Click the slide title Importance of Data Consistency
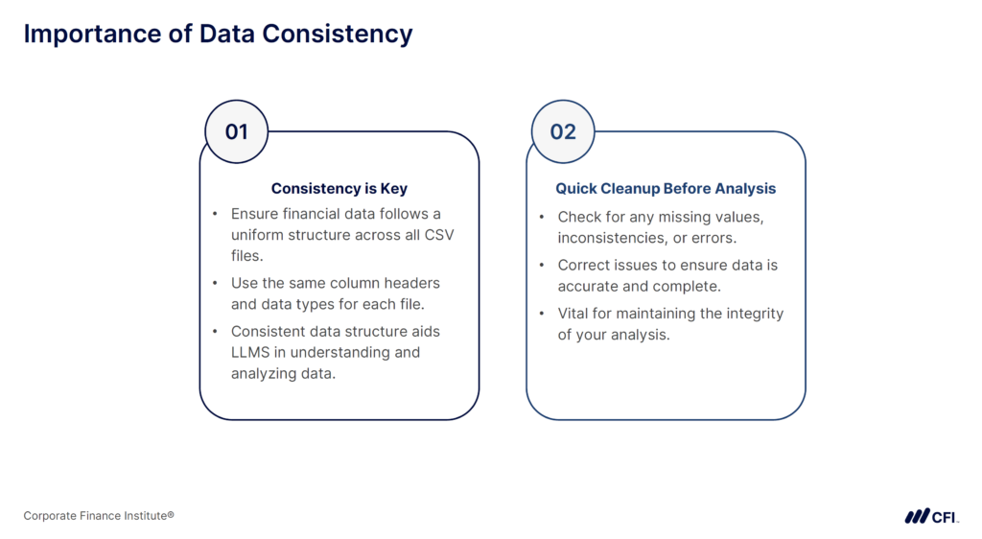point(218,34)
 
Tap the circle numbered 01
point(237,131)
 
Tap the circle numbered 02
point(563,131)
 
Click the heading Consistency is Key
point(339,189)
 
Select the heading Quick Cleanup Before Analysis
point(666,189)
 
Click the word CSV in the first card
point(438,235)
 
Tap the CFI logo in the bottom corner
point(930,516)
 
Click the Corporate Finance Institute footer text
point(99,516)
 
